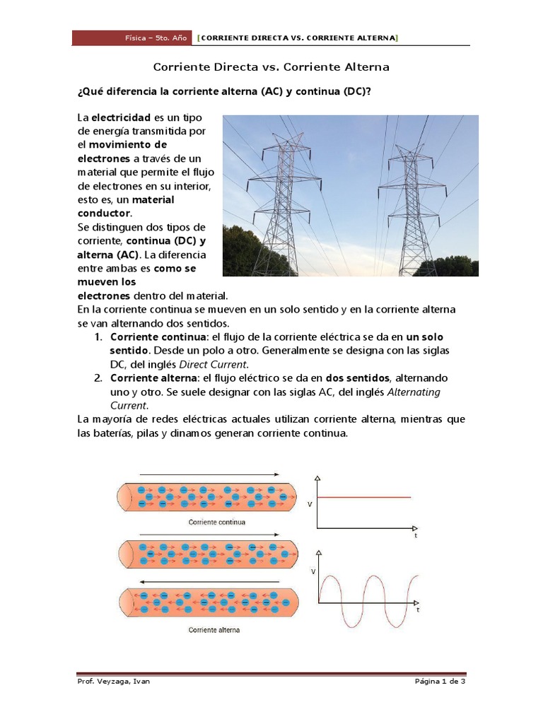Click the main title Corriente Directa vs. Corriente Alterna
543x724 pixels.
[271, 67]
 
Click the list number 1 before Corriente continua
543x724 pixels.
[99, 337]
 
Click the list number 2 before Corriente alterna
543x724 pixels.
[99, 378]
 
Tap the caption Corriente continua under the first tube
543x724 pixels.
[217, 522]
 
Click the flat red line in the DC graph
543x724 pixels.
[364, 498]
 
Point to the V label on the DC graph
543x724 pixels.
[310, 504]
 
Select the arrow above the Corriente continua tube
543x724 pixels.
[211, 474]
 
